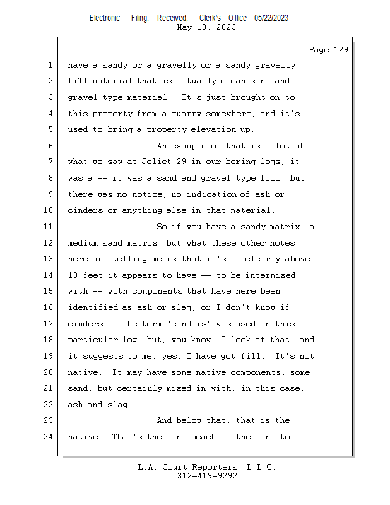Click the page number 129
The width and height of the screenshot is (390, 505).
(x=341, y=50)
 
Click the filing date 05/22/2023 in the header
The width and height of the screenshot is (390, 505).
(x=271, y=18)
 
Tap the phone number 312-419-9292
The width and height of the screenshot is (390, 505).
(x=207, y=476)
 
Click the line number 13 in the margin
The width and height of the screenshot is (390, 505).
(x=48, y=259)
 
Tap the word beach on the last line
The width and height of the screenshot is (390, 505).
(x=203, y=437)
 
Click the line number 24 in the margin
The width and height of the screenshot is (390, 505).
(x=48, y=437)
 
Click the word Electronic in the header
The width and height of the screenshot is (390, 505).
(x=105, y=18)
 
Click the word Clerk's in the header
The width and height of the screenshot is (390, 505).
(x=210, y=18)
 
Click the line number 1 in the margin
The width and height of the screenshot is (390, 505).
(x=50, y=65)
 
